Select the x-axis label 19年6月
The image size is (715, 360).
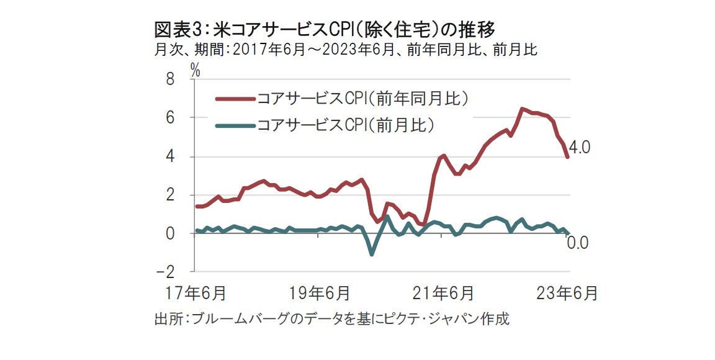point(320,292)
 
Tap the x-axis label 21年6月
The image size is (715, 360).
point(444,292)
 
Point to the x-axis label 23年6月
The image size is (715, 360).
point(568,292)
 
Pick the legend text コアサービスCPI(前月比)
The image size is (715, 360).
point(345,126)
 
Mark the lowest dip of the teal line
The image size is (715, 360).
point(372,254)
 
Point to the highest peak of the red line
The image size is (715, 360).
point(522,109)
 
